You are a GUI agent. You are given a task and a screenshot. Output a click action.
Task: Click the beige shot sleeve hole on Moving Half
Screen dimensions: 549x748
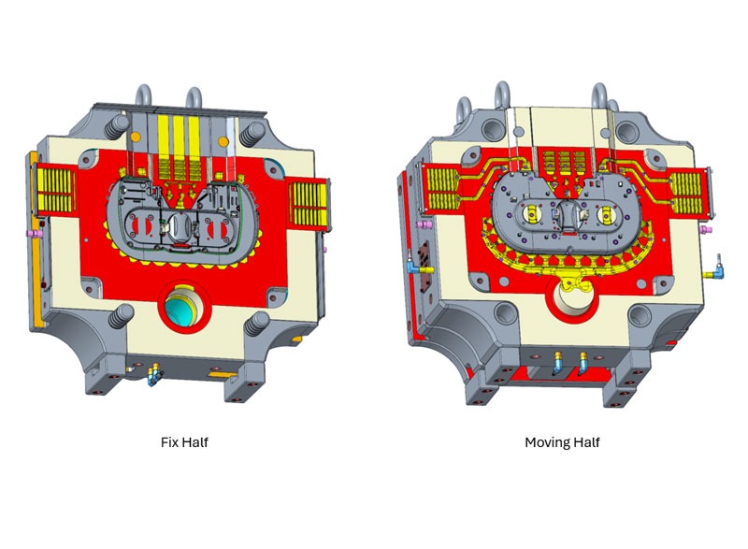pos(573,302)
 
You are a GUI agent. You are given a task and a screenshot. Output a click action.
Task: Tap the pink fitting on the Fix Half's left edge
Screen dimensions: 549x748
pos(30,231)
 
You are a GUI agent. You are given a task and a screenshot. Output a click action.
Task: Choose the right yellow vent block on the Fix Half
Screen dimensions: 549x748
pos(309,196)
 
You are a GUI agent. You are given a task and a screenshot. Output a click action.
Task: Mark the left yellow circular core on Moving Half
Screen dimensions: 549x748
pos(540,214)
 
